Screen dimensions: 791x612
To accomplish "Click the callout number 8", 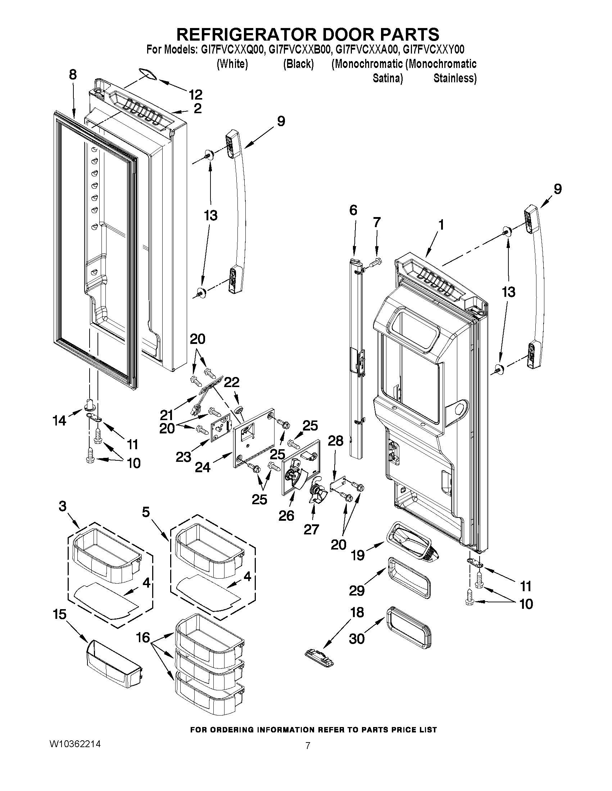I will click(x=73, y=75).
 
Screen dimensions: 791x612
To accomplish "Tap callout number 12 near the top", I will click(x=195, y=95).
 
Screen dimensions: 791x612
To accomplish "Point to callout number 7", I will click(x=377, y=222).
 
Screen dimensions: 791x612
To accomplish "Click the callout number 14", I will click(x=59, y=420).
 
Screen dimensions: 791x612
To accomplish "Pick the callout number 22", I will click(x=232, y=382).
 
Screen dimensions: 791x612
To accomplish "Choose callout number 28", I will click(x=335, y=441).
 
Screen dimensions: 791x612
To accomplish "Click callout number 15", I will click(x=60, y=614).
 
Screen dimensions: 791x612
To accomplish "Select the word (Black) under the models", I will click(x=298, y=64).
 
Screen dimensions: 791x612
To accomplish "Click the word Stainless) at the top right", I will click(x=455, y=78).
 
